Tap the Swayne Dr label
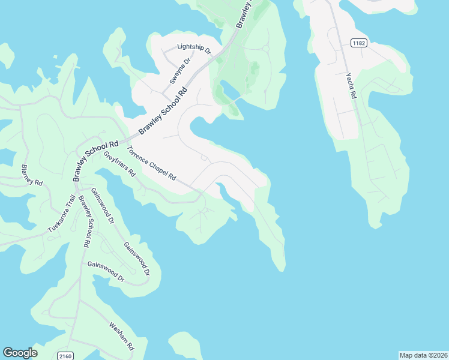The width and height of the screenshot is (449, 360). click(x=179, y=71)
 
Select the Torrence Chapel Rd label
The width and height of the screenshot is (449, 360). click(x=151, y=163)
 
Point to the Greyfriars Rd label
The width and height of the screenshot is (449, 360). click(x=119, y=163)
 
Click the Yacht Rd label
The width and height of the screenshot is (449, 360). click(x=351, y=85)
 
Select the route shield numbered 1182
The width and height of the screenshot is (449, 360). click(x=359, y=43)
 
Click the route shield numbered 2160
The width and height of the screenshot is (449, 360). click(x=66, y=356)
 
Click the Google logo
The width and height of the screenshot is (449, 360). click(x=20, y=353)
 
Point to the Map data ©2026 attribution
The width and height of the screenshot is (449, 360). click(x=423, y=355)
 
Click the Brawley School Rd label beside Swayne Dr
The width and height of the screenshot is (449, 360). click(x=163, y=111)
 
